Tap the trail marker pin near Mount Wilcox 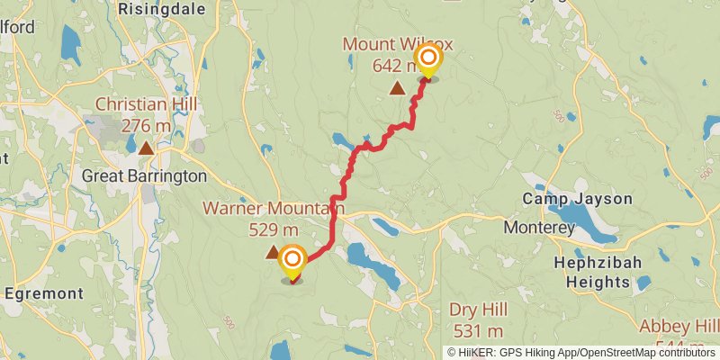pyautogui.click(x=428, y=62)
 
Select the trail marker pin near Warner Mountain pyautogui.click(x=292, y=262)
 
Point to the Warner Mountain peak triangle pyautogui.click(x=272, y=254)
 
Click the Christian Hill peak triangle pyautogui.click(x=146, y=147)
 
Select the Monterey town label pyautogui.click(x=538, y=229)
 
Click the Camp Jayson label pyautogui.click(x=578, y=199)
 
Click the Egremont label pyautogui.click(x=43, y=293)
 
